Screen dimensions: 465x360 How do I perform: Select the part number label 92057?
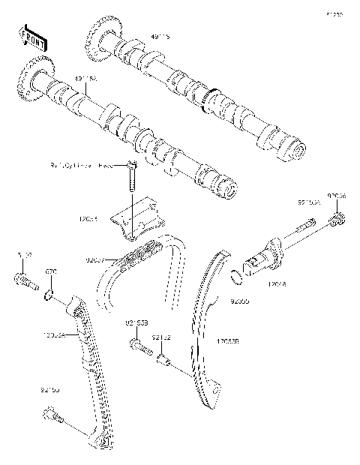tap(96, 259)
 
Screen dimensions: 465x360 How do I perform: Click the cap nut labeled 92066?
tap(337, 220)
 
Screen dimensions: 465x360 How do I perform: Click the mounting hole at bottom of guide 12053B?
tap(216, 390)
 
